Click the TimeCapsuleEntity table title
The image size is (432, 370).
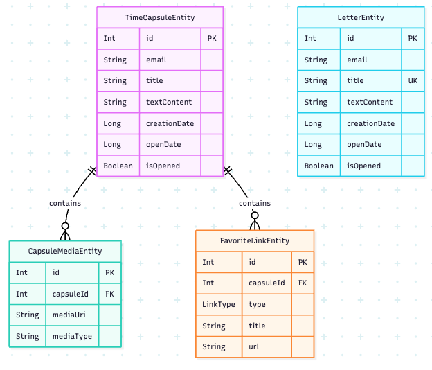pos(160,17)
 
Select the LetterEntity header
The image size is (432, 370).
pos(361,17)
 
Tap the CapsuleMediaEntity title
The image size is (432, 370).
pos(65,251)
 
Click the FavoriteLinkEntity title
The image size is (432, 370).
pos(255,240)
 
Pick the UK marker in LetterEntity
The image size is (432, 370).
pos(413,81)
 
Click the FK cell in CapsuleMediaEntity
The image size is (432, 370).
pos(109,294)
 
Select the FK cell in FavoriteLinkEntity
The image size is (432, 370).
pos(303,283)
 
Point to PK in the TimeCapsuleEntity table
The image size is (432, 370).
pos(212,39)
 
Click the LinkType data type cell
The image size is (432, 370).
pos(218,305)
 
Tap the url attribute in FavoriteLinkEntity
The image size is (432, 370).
pos(255,347)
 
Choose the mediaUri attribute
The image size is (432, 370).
pos(69,315)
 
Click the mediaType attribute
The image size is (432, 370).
pos(72,337)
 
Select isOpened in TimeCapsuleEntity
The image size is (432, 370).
pos(163,166)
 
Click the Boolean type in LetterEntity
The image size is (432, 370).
pos(318,166)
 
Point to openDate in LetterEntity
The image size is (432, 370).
pos(364,145)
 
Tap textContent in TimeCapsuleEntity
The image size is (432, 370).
pos(169,103)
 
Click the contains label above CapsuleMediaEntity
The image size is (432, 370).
pos(65,203)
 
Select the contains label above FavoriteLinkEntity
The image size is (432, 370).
pos(255,203)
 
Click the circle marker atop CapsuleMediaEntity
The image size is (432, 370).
pos(65,226)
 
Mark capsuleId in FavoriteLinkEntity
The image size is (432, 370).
pos(267,283)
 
